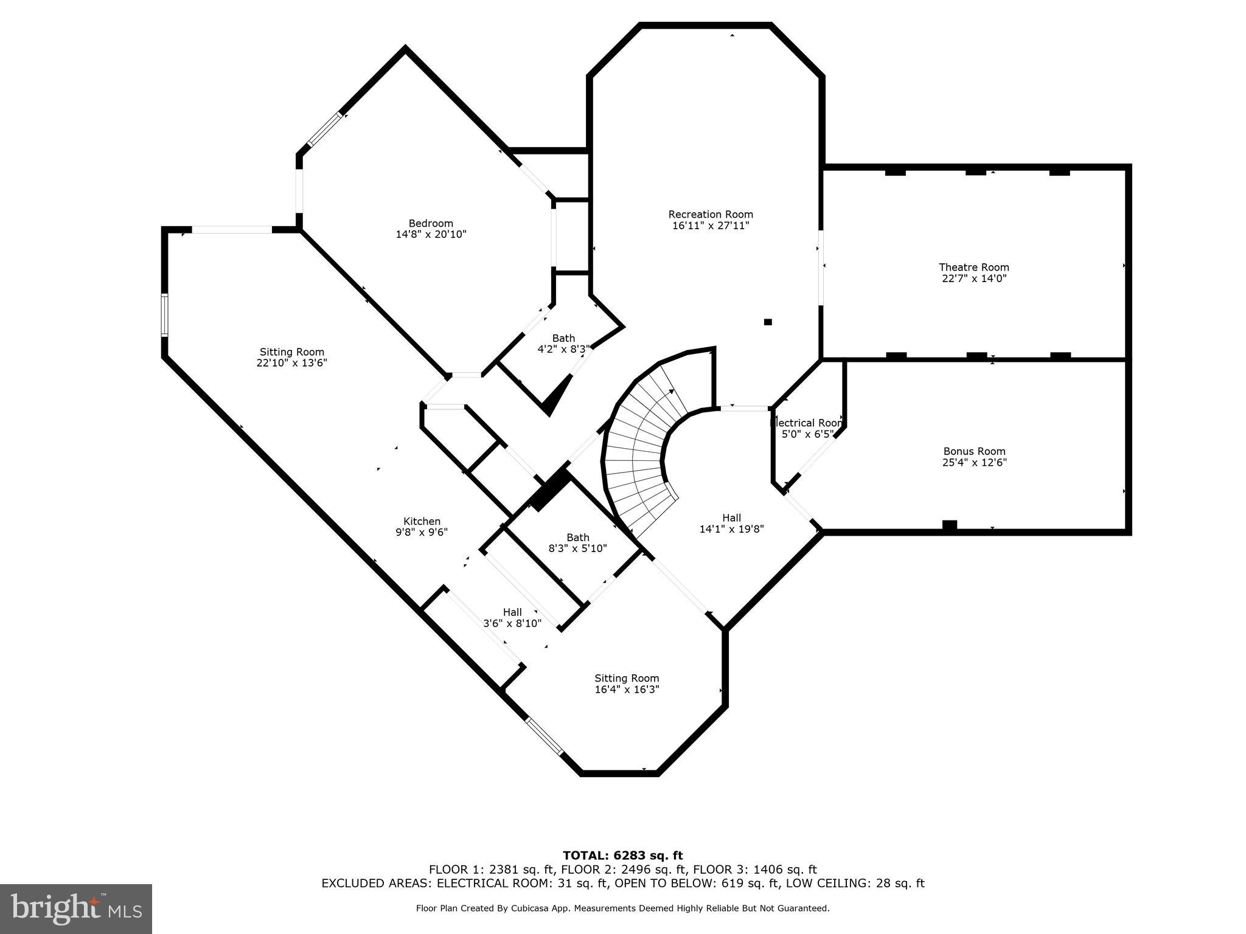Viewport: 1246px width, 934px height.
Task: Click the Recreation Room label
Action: tap(710, 214)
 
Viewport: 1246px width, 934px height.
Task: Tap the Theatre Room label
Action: tap(973, 267)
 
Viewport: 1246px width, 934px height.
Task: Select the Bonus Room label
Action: tap(974, 451)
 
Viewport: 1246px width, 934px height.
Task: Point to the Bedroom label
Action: tap(431, 223)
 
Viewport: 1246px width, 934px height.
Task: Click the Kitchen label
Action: tap(422, 521)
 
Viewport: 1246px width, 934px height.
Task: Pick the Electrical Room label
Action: tap(807, 423)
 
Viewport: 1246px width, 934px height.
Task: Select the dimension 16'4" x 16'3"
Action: tap(627, 690)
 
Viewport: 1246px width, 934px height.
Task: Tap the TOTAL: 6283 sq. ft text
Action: tap(622, 856)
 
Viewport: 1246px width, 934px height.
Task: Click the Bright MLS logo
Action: tap(76, 908)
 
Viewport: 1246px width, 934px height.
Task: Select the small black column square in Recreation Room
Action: tap(768, 322)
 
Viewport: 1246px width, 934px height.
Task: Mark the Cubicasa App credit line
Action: tap(622, 908)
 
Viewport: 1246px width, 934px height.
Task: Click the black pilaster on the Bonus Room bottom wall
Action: tap(949, 525)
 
